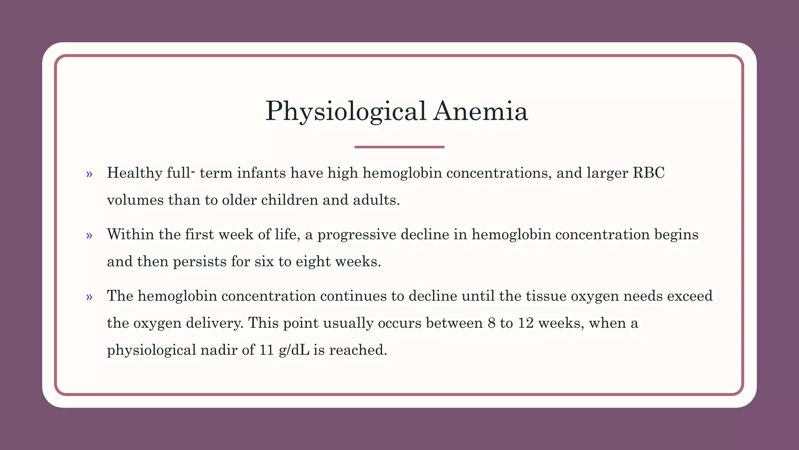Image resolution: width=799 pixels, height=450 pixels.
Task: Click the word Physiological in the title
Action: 346,112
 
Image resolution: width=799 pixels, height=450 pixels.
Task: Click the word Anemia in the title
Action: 481,111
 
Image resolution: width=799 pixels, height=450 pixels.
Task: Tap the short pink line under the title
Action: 399,147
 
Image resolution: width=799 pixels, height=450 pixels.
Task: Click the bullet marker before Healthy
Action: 89,174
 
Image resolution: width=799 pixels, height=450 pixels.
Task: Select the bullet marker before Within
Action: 89,235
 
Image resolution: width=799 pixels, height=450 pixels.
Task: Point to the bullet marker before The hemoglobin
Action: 89,297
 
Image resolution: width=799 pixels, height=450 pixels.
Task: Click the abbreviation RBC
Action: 648,173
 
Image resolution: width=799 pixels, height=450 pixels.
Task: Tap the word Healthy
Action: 135,173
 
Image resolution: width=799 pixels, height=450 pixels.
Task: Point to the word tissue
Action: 546,296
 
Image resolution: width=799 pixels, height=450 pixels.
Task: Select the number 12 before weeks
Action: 526,323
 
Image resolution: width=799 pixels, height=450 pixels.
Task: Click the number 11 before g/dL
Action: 266,350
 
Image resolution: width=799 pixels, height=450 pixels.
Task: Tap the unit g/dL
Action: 294,350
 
